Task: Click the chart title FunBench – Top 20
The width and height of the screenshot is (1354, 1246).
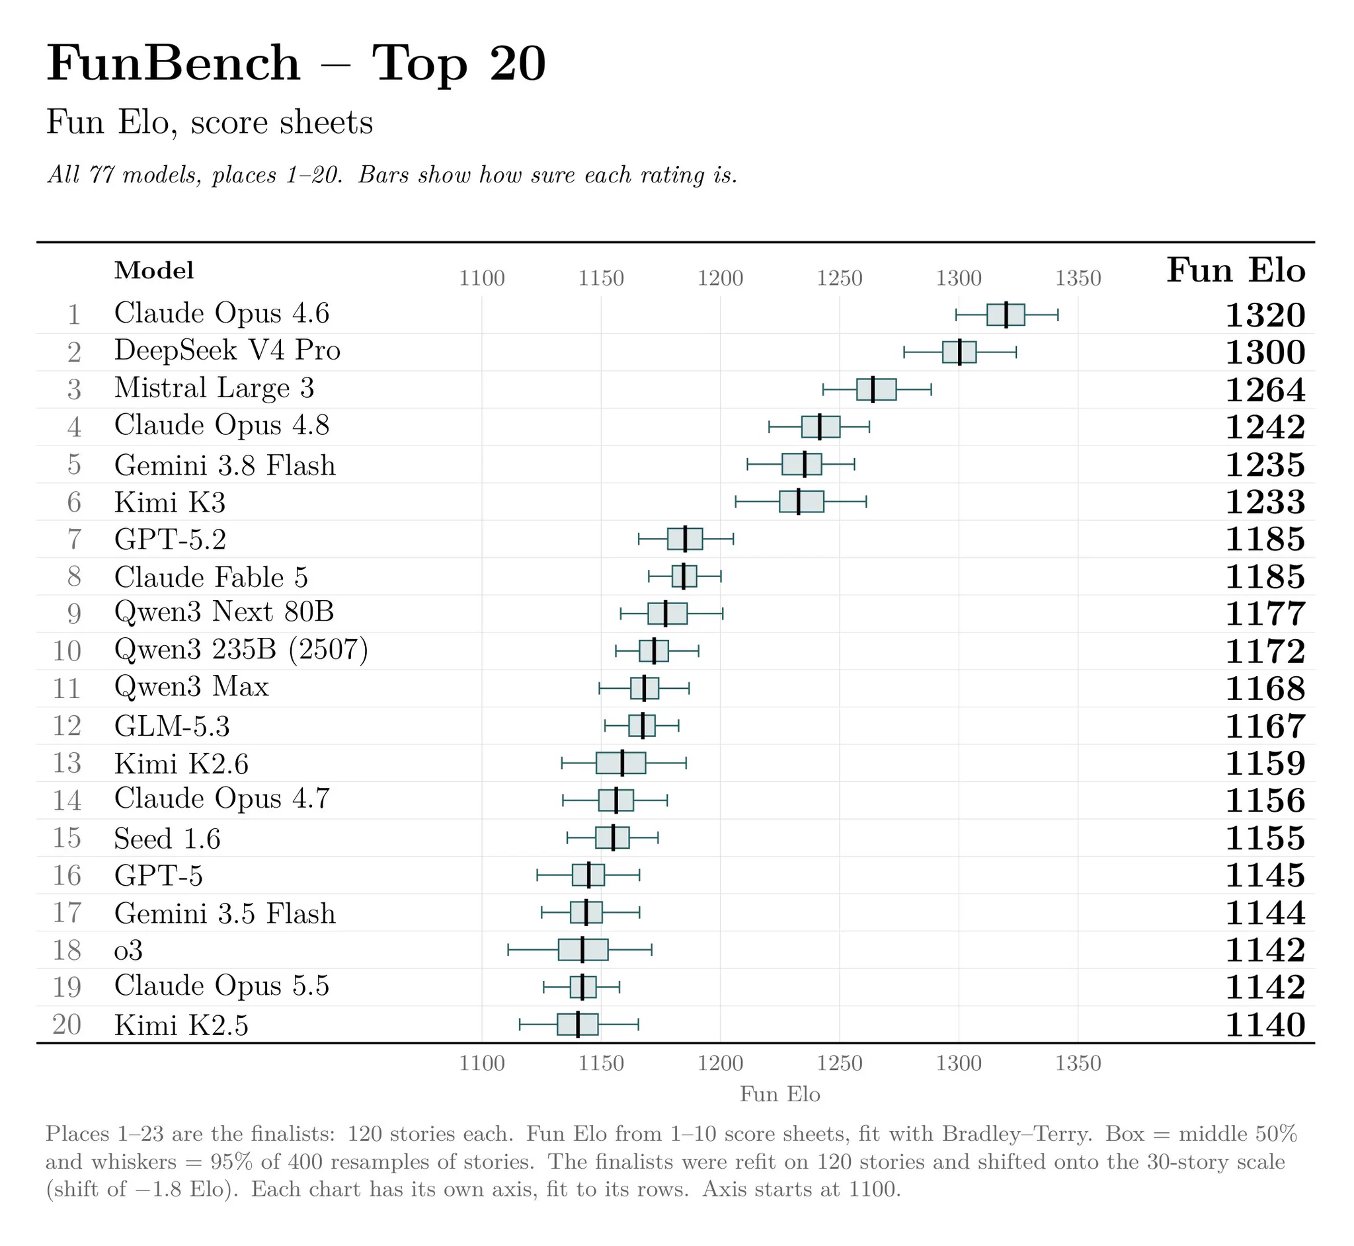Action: (296, 63)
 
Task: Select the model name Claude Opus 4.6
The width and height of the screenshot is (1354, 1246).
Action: (222, 313)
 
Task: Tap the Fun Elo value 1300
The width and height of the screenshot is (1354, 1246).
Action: (1265, 352)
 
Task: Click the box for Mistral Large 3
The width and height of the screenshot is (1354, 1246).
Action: (876, 390)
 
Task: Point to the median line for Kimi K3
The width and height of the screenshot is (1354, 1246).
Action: (799, 502)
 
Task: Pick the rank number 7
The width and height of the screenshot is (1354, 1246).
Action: (74, 539)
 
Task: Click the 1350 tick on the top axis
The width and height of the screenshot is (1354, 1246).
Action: (1078, 278)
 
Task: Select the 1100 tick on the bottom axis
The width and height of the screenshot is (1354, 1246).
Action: (481, 1064)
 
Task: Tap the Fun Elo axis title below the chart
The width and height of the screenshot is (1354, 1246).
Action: (779, 1093)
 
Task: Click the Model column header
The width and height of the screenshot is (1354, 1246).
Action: (154, 270)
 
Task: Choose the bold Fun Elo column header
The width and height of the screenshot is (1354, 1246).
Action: (1236, 270)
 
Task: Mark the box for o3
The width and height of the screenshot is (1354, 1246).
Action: (583, 950)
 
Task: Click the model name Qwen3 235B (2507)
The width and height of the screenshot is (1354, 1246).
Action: (241, 650)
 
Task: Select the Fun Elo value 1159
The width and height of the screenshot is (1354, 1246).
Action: (1265, 764)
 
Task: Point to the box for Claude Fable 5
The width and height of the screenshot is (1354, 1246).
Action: (684, 576)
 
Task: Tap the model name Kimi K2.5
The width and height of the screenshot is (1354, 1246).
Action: (181, 1025)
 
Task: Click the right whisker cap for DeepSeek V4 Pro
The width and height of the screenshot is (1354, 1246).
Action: (1015, 352)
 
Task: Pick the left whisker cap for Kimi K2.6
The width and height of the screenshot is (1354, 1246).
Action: (562, 763)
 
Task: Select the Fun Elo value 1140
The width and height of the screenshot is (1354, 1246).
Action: (1265, 1025)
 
